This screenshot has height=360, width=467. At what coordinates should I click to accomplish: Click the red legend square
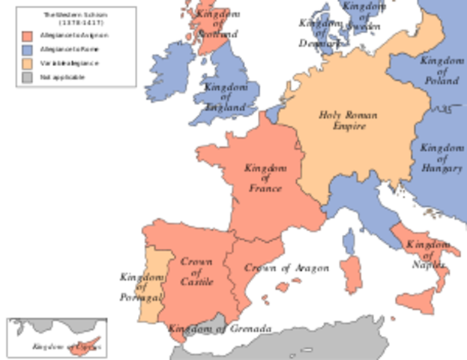pyautogui.click(x=26, y=36)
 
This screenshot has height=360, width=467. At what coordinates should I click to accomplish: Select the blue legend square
pyautogui.click(x=26, y=49)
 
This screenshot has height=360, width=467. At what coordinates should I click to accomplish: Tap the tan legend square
pyautogui.click(x=26, y=63)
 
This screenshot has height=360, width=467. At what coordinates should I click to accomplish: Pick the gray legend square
pyautogui.click(x=26, y=76)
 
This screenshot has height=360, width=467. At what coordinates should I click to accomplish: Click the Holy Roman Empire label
pyautogui.click(x=348, y=121)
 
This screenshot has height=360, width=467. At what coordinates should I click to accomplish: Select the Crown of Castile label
pyautogui.click(x=196, y=271)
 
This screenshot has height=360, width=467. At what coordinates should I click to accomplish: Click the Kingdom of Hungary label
pyautogui.click(x=441, y=158)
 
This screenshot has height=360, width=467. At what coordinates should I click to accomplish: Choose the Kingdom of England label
pyautogui.click(x=224, y=97)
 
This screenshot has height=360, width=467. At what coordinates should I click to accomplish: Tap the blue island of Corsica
pyautogui.click(x=349, y=239)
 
